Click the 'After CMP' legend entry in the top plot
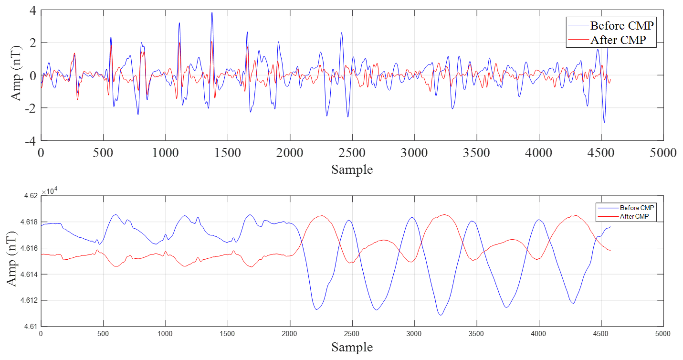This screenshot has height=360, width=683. point(618,40)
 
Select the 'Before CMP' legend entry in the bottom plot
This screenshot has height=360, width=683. point(637,208)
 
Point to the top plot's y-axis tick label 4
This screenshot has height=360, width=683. point(32,10)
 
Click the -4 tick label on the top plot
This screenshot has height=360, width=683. point(29,141)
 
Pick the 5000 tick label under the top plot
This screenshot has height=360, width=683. point(663,153)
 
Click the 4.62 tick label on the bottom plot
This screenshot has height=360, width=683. point(30,196)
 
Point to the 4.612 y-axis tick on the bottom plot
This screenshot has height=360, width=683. point(28,300)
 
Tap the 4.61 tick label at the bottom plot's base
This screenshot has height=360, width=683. point(30,327)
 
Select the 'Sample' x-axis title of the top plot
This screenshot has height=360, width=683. point(352,169)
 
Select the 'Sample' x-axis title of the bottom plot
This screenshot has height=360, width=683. point(352,347)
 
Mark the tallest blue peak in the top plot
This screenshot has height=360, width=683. point(212,13)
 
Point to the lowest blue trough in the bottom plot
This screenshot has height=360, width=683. point(441,315)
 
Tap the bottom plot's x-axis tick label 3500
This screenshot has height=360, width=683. point(476,332)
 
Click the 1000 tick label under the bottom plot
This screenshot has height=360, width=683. point(165,332)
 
